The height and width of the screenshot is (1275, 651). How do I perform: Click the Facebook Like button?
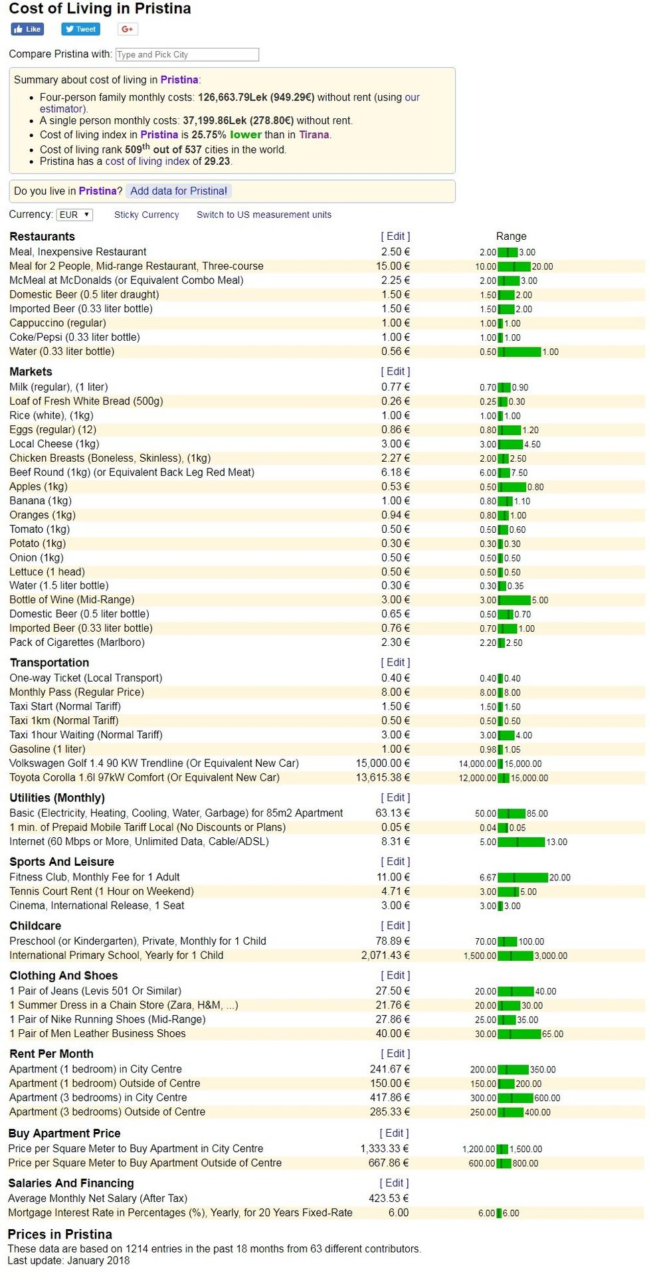[27, 29]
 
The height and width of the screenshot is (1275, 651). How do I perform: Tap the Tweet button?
[80, 29]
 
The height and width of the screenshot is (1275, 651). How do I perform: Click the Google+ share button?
[128, 29]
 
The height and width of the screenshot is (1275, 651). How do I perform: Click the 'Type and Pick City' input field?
[187, 54]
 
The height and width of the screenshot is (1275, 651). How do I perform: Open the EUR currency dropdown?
[74, 215]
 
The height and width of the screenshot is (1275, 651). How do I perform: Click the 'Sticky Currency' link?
[146, 215]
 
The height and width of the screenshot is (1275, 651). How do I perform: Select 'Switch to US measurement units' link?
[264, 215]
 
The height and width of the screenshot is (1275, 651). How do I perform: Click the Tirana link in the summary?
[314, 135]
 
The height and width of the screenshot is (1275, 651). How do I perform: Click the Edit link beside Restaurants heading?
[395, 237]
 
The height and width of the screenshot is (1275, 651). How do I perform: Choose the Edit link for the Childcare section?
[395, 926]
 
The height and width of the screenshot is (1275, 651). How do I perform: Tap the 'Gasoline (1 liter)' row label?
[47, 749]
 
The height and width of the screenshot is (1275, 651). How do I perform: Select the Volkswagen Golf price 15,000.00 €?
[383, 763]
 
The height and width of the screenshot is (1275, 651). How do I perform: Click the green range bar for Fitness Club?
[522, 878]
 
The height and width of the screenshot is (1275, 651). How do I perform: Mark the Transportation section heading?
[49, 662]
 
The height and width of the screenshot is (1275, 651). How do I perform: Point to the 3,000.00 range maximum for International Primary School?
[551, 956]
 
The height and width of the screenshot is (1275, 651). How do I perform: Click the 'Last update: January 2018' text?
[68, 1260]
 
